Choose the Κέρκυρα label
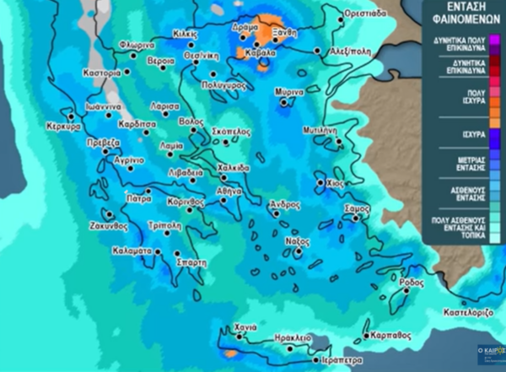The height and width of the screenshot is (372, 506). click(63, 127)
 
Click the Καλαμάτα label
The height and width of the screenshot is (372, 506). click(131, 251)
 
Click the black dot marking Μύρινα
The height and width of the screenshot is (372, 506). click(284, 103)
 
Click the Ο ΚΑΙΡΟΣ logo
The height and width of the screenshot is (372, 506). click(489, 348)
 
